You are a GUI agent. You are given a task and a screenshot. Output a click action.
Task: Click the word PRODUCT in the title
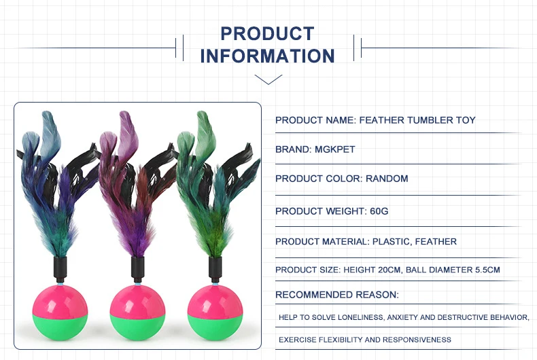tap(267, 33)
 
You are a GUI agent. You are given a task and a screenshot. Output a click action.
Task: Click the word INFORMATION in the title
tap(267, 56)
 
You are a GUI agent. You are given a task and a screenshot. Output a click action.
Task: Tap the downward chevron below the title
tap(268, 79)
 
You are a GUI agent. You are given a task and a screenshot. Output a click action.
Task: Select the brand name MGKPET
tap(335, 149)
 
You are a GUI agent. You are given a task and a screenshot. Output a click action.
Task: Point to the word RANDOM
tap(387, 179)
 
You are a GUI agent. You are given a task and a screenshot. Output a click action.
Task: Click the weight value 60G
tap(379, 211)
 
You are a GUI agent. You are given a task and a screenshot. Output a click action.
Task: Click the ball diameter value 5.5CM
tap(487, 270)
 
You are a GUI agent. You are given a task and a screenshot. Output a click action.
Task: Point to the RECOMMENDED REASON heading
tap(337, 295)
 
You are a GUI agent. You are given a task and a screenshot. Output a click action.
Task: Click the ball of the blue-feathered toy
tap(60, 312)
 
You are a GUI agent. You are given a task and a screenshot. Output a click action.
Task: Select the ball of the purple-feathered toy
tap(138, 312)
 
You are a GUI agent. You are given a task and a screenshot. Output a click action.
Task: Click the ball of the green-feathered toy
tap(215, 312)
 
